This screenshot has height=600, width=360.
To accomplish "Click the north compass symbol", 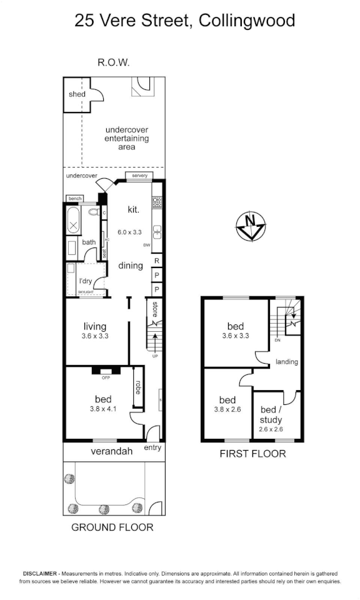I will point(251,226).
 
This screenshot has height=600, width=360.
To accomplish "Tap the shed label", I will point(77,94).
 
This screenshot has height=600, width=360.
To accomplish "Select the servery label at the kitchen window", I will point(139,176).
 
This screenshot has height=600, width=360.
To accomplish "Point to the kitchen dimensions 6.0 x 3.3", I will point(129,231).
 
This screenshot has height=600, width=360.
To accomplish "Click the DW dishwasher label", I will point(147,245).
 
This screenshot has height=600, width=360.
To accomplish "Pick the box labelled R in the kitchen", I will point(157,260).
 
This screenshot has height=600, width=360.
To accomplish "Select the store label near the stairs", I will point(155,310).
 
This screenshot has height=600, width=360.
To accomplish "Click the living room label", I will point(95,326).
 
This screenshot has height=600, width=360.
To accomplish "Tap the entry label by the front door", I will point(152,447).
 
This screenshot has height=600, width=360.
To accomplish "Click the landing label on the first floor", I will point(286,362).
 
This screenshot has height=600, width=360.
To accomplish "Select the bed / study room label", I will point(271,415).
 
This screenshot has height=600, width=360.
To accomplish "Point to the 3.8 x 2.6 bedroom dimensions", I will point(227,411).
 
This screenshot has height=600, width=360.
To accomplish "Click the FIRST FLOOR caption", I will point(252,454).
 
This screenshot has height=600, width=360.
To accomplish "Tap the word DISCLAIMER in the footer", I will point(41,573).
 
